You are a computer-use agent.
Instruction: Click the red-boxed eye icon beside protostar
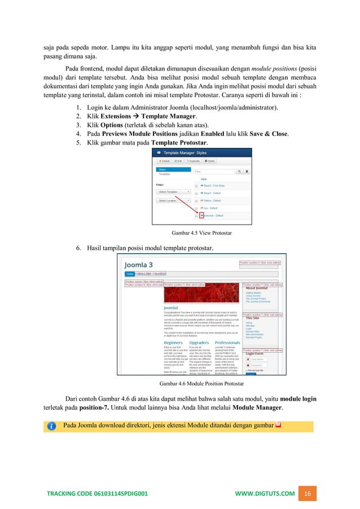(x=200, y=216)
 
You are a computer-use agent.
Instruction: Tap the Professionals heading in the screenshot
(x=227, y=342)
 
